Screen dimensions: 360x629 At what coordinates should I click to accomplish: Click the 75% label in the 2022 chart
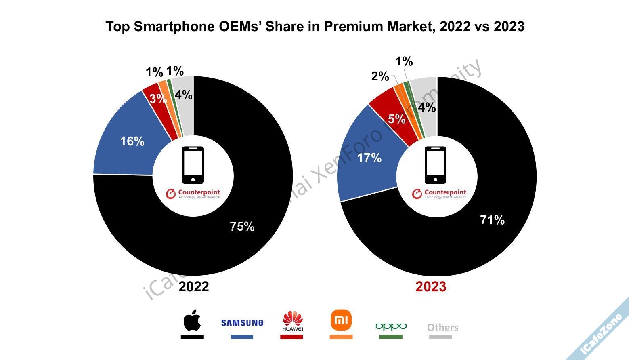[242, 227]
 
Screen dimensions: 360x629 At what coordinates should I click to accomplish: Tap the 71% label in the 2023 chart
[492, 220]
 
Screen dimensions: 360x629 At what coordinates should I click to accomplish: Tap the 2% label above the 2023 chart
[380, 76]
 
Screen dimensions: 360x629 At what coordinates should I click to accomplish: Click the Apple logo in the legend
[192, 320]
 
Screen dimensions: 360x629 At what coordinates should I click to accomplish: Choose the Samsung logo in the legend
[242, 323]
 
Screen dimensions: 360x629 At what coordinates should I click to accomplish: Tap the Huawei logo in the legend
[292, 321]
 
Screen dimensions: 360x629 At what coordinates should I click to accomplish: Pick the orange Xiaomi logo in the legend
[341, 320]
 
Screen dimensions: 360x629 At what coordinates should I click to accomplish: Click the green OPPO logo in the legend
[391, 326]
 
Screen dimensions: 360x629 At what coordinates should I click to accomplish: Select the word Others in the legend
[442, 327]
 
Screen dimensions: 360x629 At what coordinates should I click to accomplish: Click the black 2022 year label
[194, 286]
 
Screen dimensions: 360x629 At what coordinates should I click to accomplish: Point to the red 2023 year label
[431, 286]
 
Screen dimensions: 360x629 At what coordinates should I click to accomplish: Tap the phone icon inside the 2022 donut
[193, 165]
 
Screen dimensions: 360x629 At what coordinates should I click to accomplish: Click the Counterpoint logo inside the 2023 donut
[439, 194]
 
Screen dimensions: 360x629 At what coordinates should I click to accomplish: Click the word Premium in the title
[353, 26]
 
